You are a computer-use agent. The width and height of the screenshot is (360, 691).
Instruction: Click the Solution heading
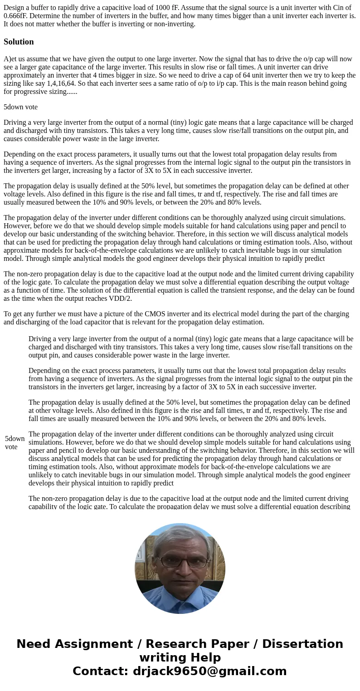[19, 42]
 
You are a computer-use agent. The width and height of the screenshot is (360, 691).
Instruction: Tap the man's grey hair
[180, 538]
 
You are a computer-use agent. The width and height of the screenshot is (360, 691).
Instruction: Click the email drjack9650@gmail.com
[209, 671]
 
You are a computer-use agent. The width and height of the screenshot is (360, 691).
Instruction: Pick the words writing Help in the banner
[180, 658]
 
